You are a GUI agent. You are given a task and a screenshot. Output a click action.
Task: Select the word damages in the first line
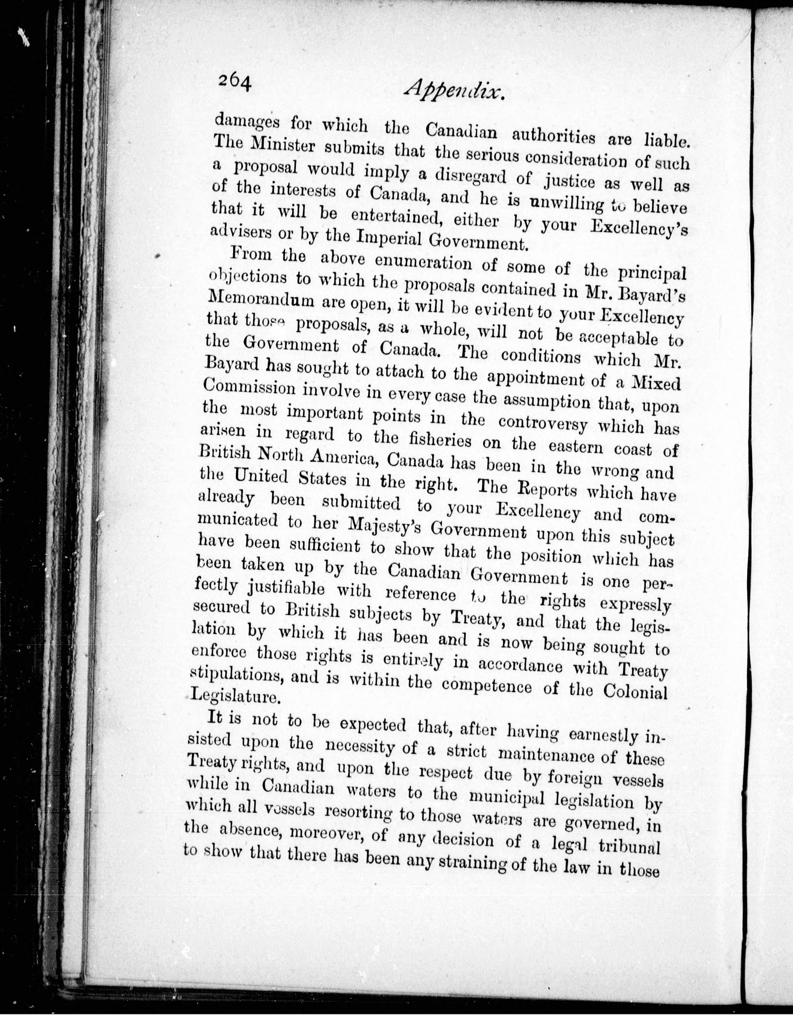coord(247,123)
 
